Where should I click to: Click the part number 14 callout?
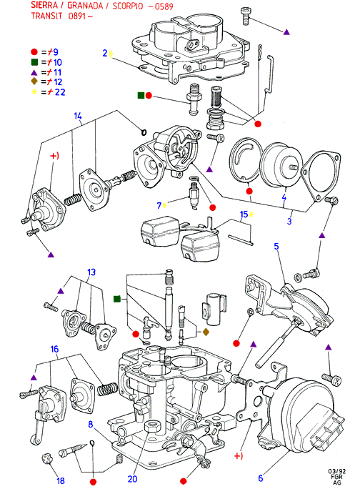pyautogui.click(x=78, y=117)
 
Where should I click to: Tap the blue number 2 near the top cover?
pyautogui.click(x=105, y=54)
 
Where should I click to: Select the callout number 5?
pyautogui.click(x=276, y=246)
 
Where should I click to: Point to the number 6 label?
pyautogui.click(x=261, y=478)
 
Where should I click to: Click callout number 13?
pyautogui.click(x=91, y=272)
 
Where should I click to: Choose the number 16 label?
pyautogui.click(x=54, y=349)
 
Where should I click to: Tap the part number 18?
pyautogui.click(x=61, y=480)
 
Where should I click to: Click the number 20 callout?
pyautogui.click(x=132, y=479)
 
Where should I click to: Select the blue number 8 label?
pyautogui.click(x=91, y=425)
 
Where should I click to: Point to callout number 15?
pyautogui.click(x=244, y=214)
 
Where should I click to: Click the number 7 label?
pyautogui.click(x=159, y=205)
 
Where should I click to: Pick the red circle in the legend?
pyautogui.click(x=34, y=52)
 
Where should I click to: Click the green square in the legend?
pyautogui.click(x=34, y=62)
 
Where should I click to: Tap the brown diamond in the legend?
pyautogui.click(x=34, y=81)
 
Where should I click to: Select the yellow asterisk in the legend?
pyautogui.click(x=34, y=92)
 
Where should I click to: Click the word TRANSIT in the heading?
pyautogui.click(x=46, y=16)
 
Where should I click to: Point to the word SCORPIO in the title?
pyautogui.click(x=128, y=6)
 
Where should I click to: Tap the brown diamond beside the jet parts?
pyautogui.click(x=206, y=332)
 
